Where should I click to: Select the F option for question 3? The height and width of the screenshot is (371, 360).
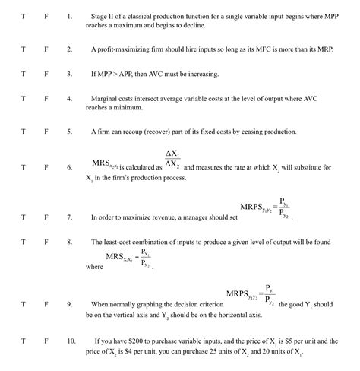[x=46, y=74]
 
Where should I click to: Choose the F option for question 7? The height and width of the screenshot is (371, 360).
[x=46, y=217]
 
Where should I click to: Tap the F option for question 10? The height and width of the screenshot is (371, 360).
[x=46, y=341]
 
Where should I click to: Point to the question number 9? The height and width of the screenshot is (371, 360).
[x=70, y=303]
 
